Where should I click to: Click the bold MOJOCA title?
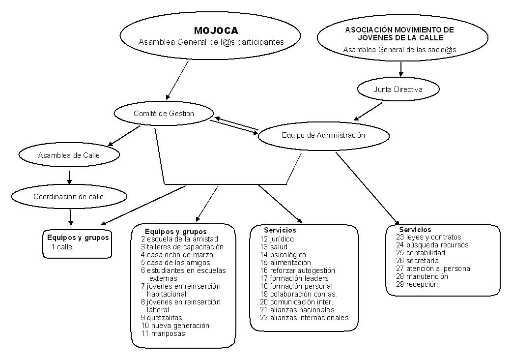[216, 30]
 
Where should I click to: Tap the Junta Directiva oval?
[398, 89]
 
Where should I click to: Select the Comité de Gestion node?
[164, 113]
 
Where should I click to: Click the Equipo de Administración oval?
[324, 135]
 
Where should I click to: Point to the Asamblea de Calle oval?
[69, 155]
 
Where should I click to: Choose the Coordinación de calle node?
[69, 196]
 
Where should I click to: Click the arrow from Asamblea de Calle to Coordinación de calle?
[69, 177]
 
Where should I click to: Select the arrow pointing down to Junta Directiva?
[400, 69]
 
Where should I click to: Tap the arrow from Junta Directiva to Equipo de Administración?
[369, 112]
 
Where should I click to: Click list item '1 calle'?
[62, 247]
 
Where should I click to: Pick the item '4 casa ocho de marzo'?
[177, 255]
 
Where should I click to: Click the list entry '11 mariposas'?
[163, 333]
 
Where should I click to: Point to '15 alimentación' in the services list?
[285, 263]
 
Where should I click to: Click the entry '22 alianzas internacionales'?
[304, 318]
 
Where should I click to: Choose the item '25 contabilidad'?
[421, 253]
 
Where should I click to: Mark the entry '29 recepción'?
[417, 284]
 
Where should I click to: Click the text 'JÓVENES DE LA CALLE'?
[400, 38]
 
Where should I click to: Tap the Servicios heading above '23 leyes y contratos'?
[415, 230]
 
